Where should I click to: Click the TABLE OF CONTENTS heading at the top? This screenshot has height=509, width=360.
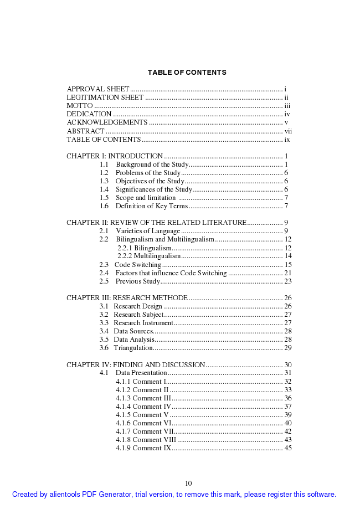[x=187, y=73]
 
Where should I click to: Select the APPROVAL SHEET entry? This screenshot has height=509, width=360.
[x=98, y=89]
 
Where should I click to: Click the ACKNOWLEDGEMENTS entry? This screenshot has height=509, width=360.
[x=107, y=122]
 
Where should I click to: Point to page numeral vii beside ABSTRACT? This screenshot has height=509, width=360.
[x=288, y=131]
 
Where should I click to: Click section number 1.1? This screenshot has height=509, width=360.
[x=104, y=164]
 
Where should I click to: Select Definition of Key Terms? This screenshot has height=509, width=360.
[x=152, y=206]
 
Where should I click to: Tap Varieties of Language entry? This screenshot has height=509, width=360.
[x=148, y=231]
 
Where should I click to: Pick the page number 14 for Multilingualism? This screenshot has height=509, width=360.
[x=288, y=256]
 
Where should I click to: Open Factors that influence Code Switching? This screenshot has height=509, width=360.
[x=171, y=273]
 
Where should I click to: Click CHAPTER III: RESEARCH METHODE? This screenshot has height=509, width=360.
[x=127, y=298]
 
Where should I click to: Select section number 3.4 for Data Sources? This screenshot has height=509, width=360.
[x=104, y=331]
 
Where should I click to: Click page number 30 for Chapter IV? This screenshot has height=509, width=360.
[x=288, y=365]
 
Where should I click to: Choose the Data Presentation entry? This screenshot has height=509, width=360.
[x=141, y=373]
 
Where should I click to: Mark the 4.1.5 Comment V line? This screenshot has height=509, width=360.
[x=142, y=415]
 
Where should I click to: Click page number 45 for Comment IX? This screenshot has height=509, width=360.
[x=288, y=448]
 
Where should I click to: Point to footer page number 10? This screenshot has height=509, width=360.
[x=188, y=484]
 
